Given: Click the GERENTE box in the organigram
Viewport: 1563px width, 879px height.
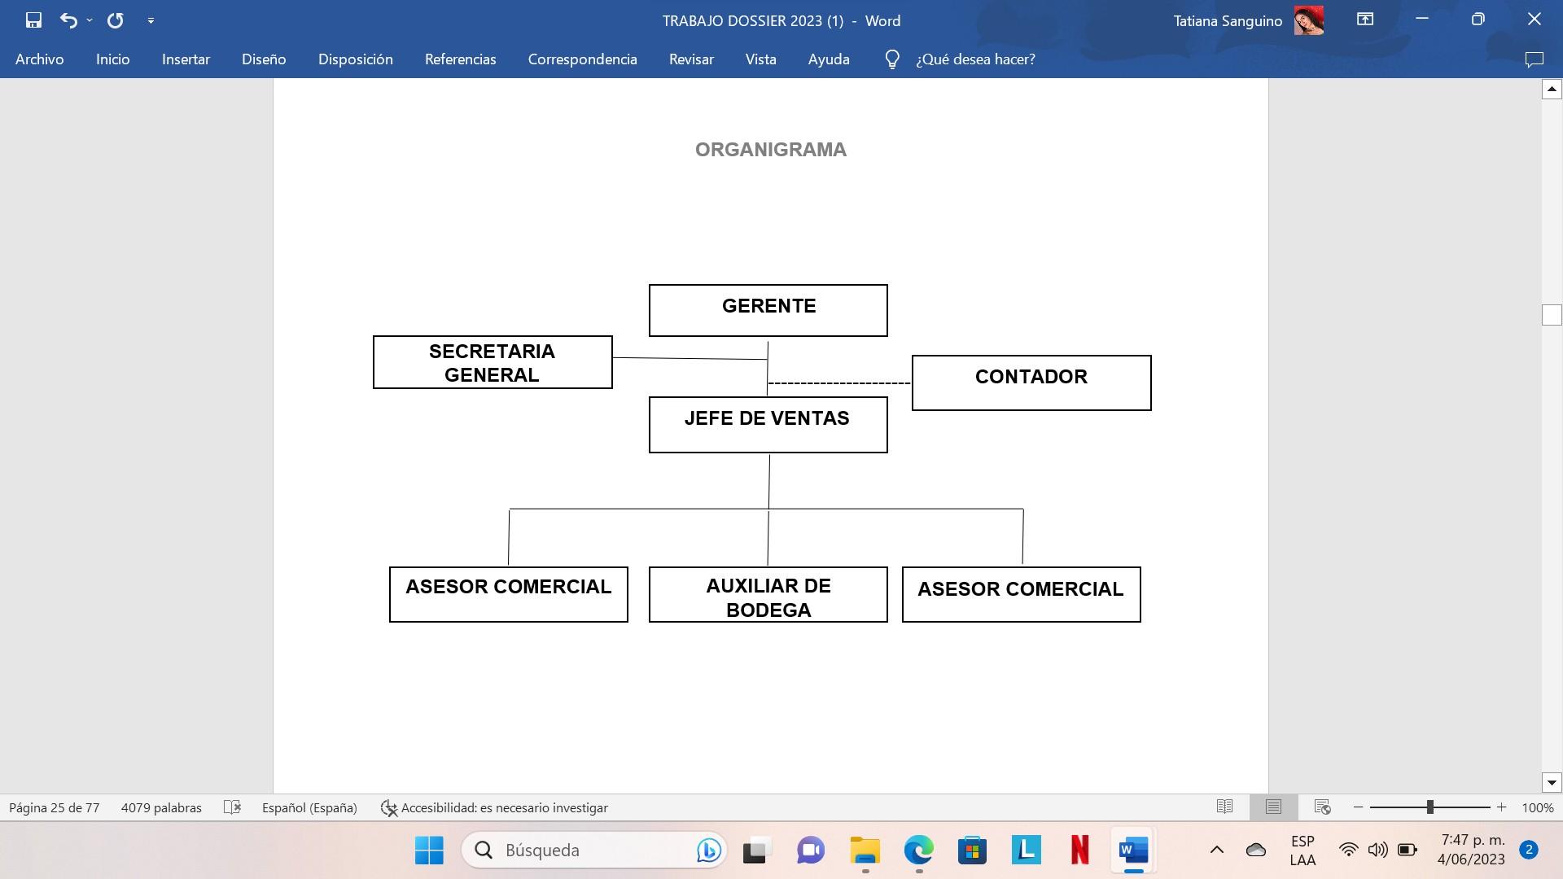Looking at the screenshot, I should (x=768, y=310).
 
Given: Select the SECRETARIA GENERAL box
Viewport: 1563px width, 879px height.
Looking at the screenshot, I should (x=493, y=362).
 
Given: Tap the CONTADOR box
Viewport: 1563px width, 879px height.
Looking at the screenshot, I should (x=1031, y=383).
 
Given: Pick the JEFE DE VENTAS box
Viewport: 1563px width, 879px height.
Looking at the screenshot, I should (x=768, y=424).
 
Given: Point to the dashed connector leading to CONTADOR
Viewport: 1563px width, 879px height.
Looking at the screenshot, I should (x=839, y=383).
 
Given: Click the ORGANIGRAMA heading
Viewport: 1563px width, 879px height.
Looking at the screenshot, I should (x=770, y=150).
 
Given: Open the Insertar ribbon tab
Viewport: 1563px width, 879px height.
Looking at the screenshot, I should (x=186, y=59).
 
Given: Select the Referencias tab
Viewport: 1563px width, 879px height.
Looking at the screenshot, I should (x=460, y=59).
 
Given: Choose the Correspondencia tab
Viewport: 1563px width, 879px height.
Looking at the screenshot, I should (x=582, y=59).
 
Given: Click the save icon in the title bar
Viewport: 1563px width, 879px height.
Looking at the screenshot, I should (x=33, y=20).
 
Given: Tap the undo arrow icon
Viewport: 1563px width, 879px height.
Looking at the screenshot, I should (x=68, y=20).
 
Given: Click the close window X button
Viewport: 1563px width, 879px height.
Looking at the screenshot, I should (x=1534, y=20).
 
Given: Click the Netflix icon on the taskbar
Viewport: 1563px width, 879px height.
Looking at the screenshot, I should (x=1079, y=850).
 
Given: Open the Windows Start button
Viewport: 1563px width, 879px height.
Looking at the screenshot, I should (x=429, y=850).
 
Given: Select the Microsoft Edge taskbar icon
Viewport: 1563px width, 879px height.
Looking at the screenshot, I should (x=918, y=850).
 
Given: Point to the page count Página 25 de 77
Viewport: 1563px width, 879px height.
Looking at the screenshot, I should (x=54, y=807).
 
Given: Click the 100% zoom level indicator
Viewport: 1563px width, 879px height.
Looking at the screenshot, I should (x=1537, y=807).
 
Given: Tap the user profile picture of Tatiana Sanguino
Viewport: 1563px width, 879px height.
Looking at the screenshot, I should (x=1308, y=20).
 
